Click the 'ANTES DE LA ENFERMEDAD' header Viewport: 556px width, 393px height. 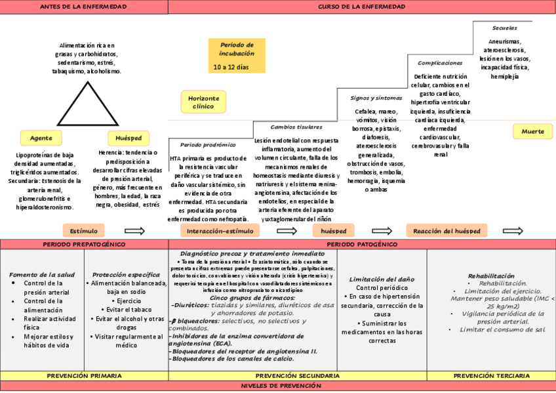pos(84,7)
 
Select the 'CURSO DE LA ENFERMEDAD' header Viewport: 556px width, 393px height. pos(361,7)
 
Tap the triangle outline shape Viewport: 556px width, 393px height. pos(87,104)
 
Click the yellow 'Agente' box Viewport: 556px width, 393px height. pos(41,138)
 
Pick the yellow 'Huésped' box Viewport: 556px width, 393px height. pos(129,138)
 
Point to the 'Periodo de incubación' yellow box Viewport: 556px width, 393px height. pos(237,56)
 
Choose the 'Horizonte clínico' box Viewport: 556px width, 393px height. pos(203,102)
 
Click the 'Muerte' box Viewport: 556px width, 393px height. pos(532,131)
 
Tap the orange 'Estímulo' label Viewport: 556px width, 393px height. pos(83,231)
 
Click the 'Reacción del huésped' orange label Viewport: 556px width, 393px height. pos(447,231)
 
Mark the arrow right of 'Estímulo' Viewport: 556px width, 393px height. pos(134,231)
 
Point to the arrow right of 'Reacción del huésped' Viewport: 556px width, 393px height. pos(513,231)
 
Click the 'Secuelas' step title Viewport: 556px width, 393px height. pos(504,28)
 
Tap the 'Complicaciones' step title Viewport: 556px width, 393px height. pos(440,63)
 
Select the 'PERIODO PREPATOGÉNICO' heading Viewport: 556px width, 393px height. pos(84,244)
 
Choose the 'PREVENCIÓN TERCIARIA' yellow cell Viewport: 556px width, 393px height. pos(492,376)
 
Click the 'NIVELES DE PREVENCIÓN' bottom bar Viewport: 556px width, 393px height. pos(278,386)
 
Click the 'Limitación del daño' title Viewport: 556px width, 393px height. pos(372,279)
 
